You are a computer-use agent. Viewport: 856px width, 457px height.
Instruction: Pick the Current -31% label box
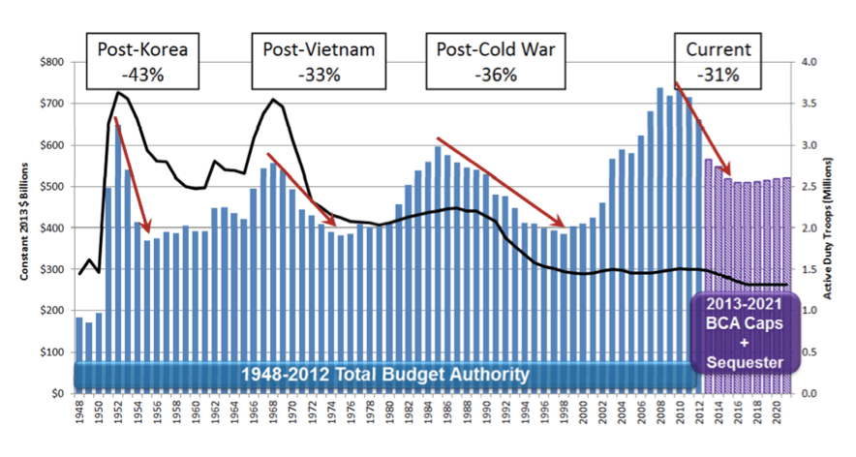tap(717, 59)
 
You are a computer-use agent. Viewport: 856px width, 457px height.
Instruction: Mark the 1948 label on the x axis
tap(78, 412)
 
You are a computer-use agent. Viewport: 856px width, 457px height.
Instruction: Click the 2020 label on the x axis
tap(777, 412)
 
